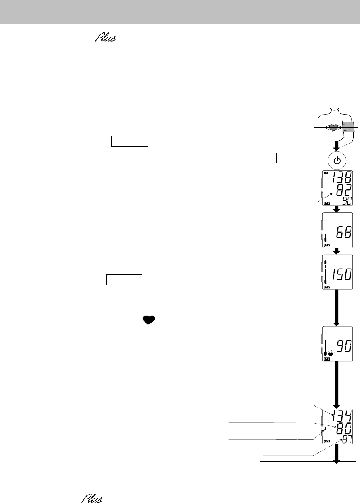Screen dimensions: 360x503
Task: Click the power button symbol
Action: click(337, 161)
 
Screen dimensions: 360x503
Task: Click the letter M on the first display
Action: click(326, 174)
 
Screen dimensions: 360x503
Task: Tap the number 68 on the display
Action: click(341, 233)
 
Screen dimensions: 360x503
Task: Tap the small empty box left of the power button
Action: click(292, 158)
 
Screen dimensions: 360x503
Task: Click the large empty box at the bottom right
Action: click(308, 474)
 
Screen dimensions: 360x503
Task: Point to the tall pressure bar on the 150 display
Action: click(326, 273)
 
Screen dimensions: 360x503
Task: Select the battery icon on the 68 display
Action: click(327, 245)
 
